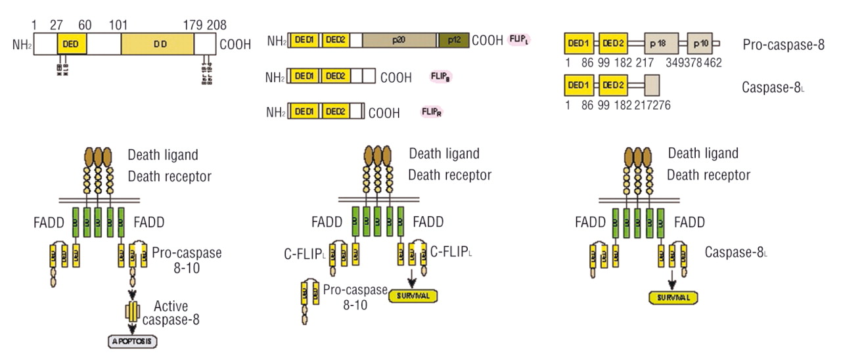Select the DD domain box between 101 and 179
coord(158,44)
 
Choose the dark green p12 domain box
coord(454,41)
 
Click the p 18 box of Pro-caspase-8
coord(662,43)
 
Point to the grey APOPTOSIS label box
coord(133,342)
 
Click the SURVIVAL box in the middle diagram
coord(413,296)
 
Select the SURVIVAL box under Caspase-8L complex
coord(673,298)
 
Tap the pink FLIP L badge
coord(519,40)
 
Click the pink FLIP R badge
coord(432,112)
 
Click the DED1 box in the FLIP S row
coord(304,77)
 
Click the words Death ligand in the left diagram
coord(163,155)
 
